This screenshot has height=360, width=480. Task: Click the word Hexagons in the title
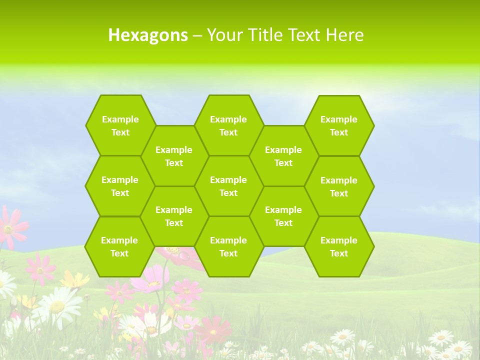click(x=148, y=35)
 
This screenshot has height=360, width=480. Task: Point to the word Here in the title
click(x=344, y=35)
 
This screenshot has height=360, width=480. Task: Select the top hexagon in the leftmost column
click(x=120, y=125)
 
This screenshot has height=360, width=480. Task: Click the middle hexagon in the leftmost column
click(x=120, y=186)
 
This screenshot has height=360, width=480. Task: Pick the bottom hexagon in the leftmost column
click(x=119, y=246)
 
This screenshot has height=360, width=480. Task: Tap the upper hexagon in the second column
click(x=174, y=156)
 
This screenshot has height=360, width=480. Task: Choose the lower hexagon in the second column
click(x=174, y=216)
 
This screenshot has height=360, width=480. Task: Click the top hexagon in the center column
click(x=228, y=125)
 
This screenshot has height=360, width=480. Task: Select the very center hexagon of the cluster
click(x=228, y=186)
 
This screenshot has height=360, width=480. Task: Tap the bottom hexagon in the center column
click(x=228, y=246)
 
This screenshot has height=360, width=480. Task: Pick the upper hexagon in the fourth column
click(x=283, y=156)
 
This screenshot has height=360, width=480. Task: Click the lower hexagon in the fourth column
click(x=283, y=216)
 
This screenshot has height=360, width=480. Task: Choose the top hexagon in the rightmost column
click(x=339, y=125)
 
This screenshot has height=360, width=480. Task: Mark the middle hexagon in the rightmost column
click(x=339, y=186)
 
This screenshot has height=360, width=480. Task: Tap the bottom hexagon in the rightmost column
click(x=339, y=246)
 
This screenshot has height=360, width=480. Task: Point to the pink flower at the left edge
click(x=10, y=227)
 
